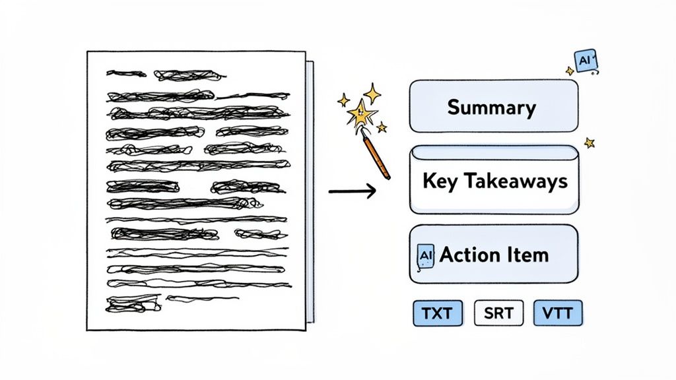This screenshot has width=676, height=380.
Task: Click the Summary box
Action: tap(494, 106)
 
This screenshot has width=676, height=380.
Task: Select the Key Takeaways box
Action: tap(494, 180)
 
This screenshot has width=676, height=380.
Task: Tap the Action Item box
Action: tap(494, 255)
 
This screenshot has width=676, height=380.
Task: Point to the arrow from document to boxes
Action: tap(351, 192)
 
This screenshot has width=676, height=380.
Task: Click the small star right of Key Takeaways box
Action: tap(589, 142)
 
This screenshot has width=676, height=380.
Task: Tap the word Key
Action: tap(436, 181)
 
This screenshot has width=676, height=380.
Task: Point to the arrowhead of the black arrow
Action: tap(371, 192)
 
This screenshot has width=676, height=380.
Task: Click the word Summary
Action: tap(491, 107)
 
